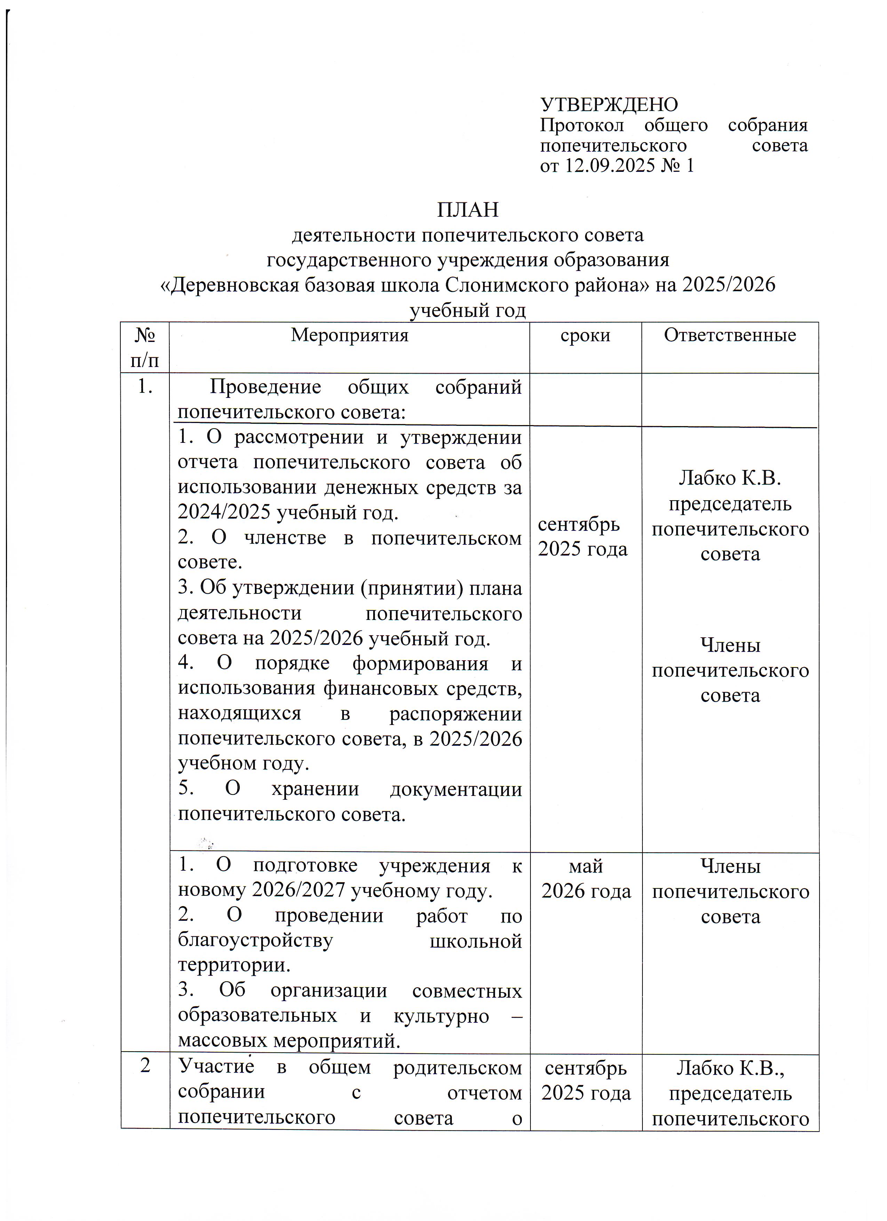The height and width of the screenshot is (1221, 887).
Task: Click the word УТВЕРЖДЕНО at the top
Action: (609, 104)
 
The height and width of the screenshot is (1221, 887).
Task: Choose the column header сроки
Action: (585, 335)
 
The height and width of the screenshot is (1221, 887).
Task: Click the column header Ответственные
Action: (729, 335)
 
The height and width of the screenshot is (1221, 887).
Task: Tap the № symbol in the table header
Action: (144, 335)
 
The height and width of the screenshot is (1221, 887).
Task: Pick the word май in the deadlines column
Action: (585, 866)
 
